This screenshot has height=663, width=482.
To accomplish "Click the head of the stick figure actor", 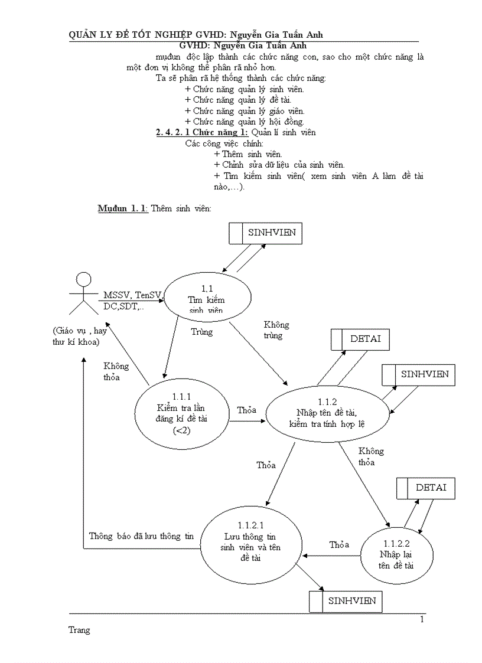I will click(x=84, y=280).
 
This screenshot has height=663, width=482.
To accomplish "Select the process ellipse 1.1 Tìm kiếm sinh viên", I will click(x=203, y=298).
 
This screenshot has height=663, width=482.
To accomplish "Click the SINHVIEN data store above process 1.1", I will click(x=266, y=233).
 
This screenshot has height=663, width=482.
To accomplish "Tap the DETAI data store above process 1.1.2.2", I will click(x=425, y=488).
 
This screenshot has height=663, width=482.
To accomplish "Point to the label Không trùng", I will click(x=276, y=330).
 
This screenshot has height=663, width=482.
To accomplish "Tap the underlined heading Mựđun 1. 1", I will click(x=123, y=209).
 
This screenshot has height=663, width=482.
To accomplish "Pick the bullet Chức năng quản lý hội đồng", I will click(x=244, y=122).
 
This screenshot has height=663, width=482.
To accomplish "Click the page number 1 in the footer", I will click(x=422, y=619).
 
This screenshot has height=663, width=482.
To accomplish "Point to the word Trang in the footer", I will click(x=80, y=630).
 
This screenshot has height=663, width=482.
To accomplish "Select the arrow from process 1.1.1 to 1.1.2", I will click(x=247, y=421).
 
